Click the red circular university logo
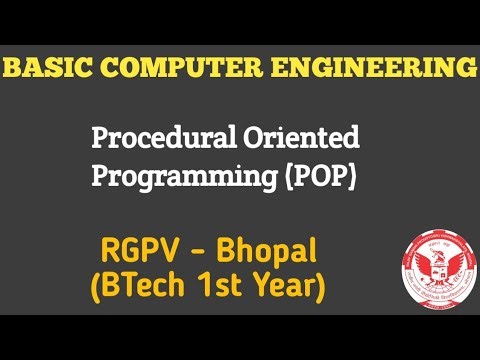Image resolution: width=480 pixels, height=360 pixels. [432, 265]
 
